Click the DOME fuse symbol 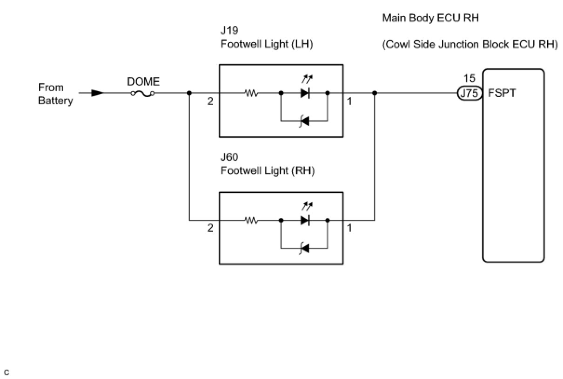click(143, 93)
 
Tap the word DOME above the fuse click(143, 82)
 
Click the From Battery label click(55, 94)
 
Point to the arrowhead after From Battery click(97, 93)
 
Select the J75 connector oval click(469, 93)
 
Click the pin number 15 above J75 click(469, 79)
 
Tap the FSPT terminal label click(502, 93)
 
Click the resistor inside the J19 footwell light click(251, 93)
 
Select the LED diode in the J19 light click(305, 93)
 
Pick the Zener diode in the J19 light click(305, 122)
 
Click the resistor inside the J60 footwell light click(251, 220)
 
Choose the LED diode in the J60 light click(305, 220)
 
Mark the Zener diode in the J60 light click(305, 249)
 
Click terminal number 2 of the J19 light click(210, 102)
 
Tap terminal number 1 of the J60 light click(349, 229)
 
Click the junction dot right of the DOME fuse click(189, 93)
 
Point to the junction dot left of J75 click(375, 93)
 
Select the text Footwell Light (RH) click(268, 171)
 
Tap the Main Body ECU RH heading click(430, 18)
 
